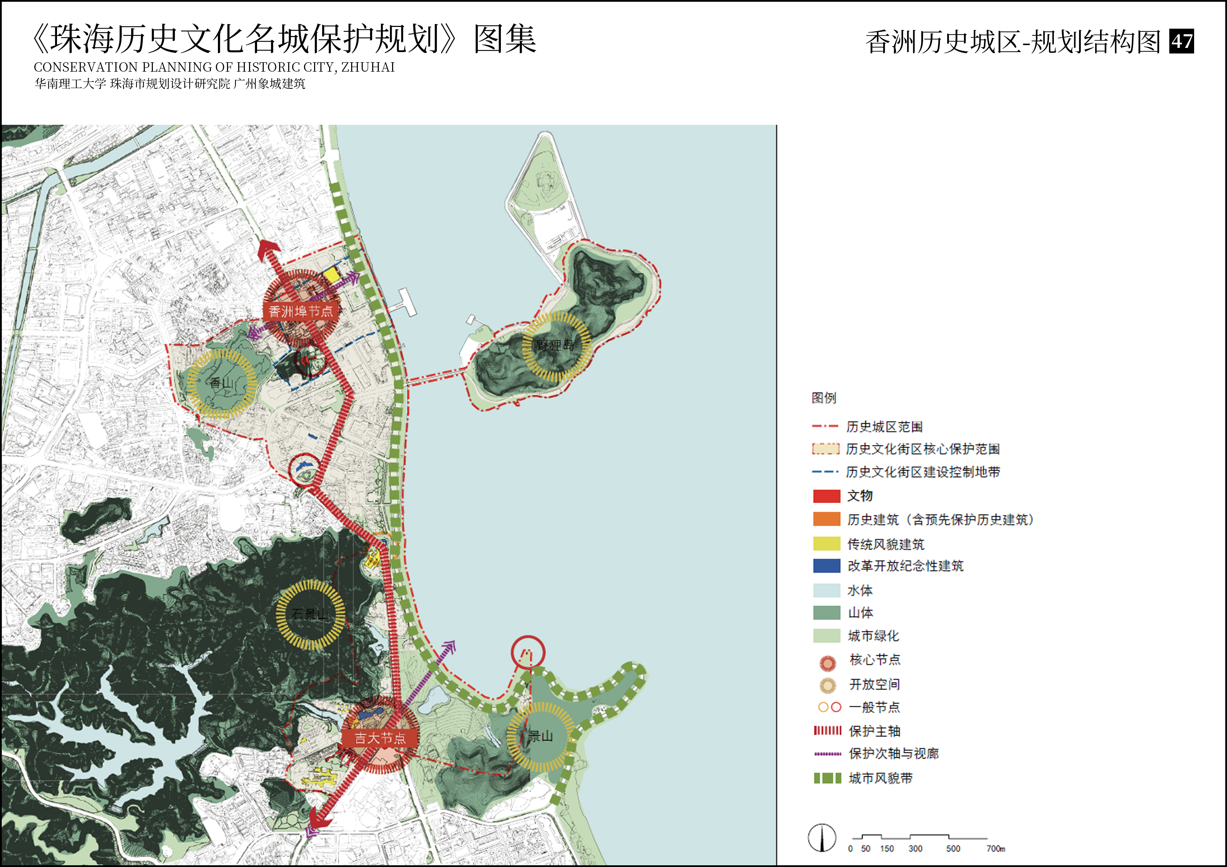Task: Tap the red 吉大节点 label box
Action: click(x=380, y=738)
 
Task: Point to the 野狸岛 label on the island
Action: click(x=556, y=345)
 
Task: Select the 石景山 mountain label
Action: click(x=310, y=614)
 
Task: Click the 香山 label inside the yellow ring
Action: click(x=221, y=382)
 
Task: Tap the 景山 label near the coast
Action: click(x=540, y=736)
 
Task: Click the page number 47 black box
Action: click(x=1182, y=41)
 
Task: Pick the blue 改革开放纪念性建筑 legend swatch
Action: click(x=826, y=566)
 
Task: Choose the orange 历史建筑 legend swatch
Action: click(x=826, y=519)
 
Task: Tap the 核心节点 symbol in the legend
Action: click(x=827, y=663)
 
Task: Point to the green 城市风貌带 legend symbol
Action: click(x=827, y=778)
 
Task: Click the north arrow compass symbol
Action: click(x=822, y=838)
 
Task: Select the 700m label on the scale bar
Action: click(x=995, y=848)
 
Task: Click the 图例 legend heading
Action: click(x=823, y=398)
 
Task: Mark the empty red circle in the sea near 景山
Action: click(x=528, y=652)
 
